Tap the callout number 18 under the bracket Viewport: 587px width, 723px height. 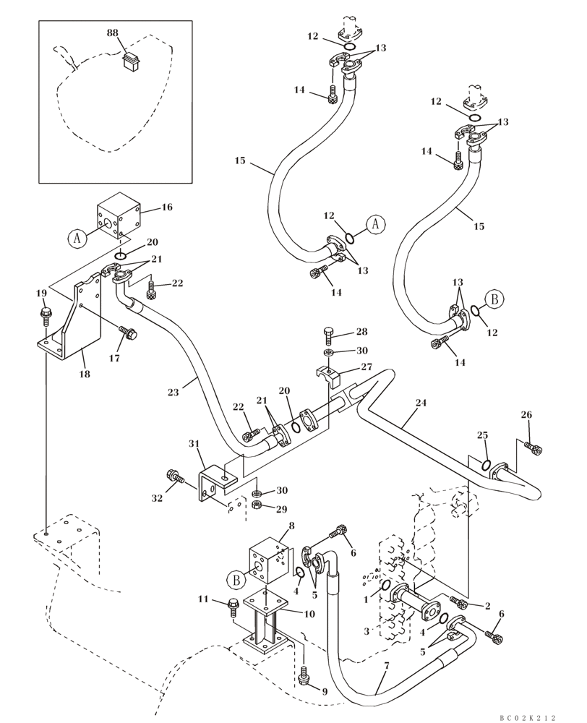click(x=85, y=374)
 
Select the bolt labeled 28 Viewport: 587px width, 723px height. click(x=329, y=335)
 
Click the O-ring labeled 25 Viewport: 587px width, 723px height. click(x=486, y=463)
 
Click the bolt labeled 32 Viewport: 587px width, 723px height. click(x=173, y=476)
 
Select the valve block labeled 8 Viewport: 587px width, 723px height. click(x=267, y=561)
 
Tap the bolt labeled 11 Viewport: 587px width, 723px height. click(x=233, y=604)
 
